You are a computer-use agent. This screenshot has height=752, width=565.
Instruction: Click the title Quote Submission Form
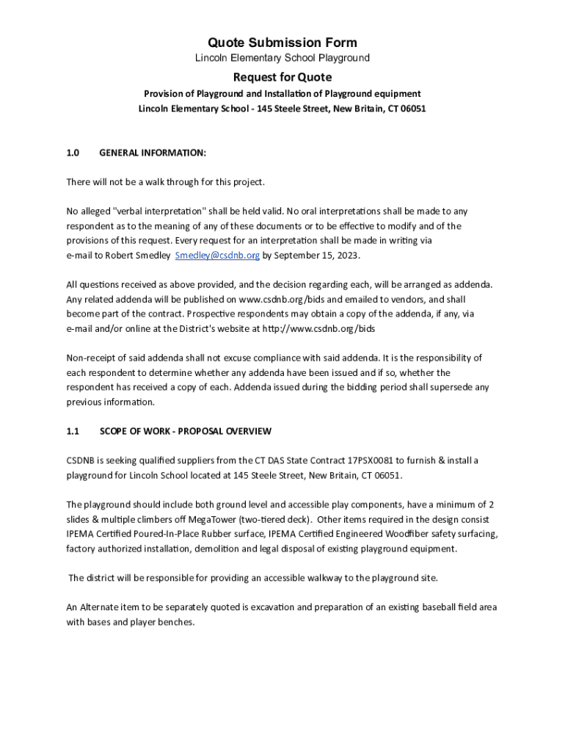[x=282, y=43]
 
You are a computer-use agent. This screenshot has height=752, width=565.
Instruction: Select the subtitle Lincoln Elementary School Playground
[x=282, y=58]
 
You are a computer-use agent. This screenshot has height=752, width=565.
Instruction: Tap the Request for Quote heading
[x=282, y=78]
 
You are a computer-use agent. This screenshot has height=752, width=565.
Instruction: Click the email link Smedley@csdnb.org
[x=217, y=256]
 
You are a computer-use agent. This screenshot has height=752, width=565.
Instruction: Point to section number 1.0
[x=73, y=153]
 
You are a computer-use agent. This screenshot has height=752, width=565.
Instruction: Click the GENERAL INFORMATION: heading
[x=153, y=153]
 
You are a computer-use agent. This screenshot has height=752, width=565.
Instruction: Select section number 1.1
[x=73, y=431]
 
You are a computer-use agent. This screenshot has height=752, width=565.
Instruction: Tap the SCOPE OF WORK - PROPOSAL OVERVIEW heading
[x=186, y=431]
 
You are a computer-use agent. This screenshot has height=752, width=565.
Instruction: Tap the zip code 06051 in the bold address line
[x=412, y=109]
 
